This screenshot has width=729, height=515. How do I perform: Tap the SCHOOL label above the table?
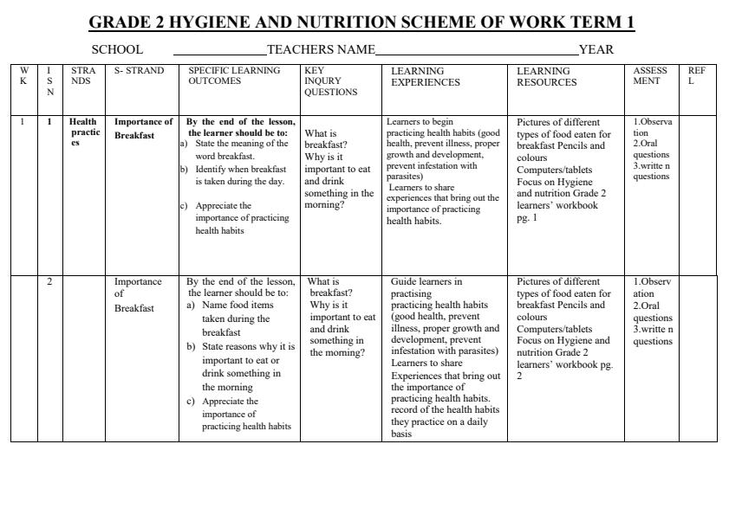coord(117,50)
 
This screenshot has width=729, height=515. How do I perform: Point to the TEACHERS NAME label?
coord(322,50)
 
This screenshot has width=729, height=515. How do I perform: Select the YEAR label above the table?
coord(596,50)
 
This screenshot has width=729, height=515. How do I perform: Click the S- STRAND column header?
coord(139,71)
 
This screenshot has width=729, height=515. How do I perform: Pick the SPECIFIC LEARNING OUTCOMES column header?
coord(234,76)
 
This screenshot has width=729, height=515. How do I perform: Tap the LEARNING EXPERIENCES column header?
coord(426,76)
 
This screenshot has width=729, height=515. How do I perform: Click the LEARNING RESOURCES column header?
coord(546,76)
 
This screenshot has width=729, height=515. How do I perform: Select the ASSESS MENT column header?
coord(650,76)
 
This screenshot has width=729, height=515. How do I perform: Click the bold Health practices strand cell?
coord(85,132)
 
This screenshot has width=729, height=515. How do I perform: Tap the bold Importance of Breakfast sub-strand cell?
coord(144,128)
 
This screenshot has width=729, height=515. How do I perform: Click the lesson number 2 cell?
coord(49,281)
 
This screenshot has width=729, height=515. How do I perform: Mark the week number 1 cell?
coord(23,122)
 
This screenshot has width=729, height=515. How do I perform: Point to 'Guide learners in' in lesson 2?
coord(426,281)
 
